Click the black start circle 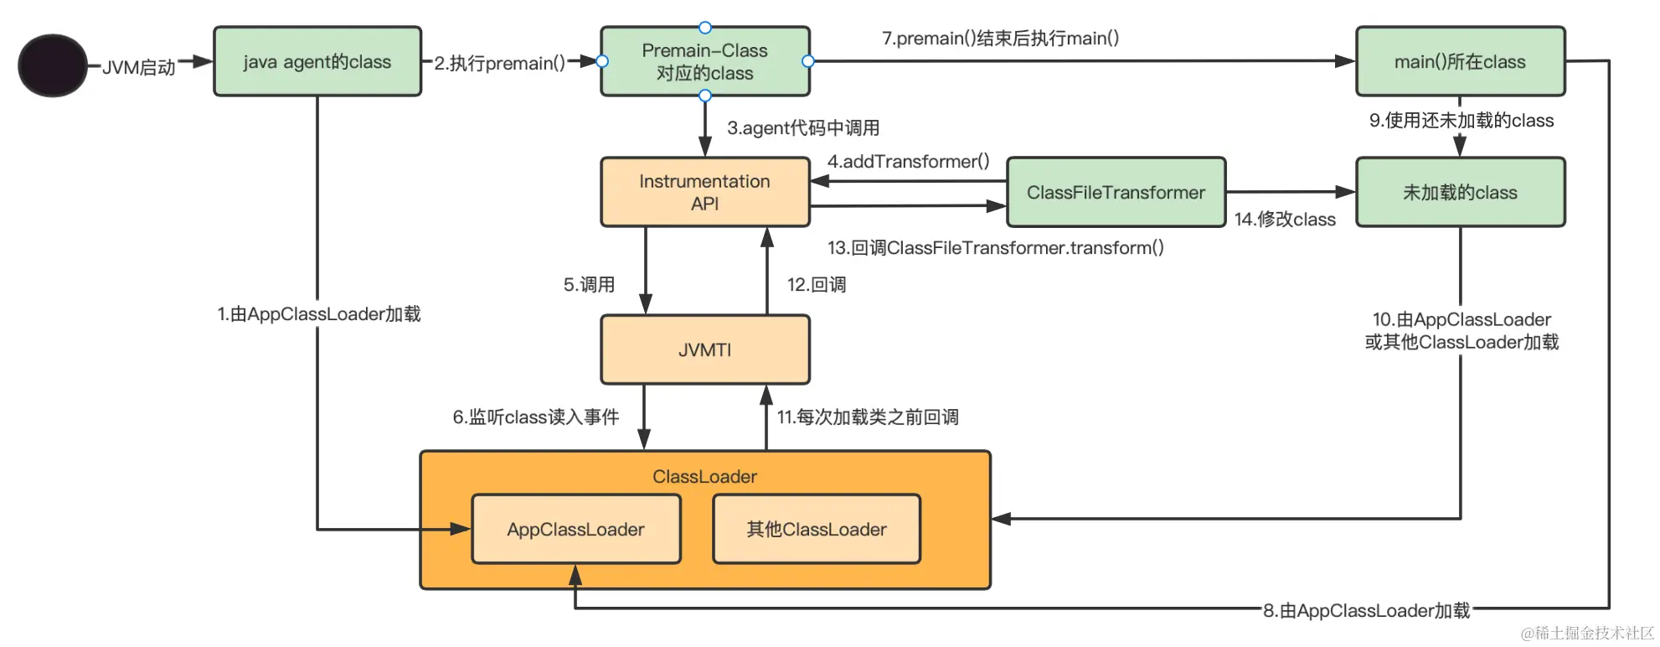point(52,65)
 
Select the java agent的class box point(317,62)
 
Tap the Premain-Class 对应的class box point(704,62)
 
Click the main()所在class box point(1460,62)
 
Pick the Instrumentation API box point(704,192)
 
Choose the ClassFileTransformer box point(1116,192)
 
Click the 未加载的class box point(1460,192)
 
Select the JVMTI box point(704,349)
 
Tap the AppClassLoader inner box point(575,529)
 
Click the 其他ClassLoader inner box point(816,529)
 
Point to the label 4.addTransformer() point(908,161)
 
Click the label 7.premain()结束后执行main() point(1000,39)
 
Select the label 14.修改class point(1285,220)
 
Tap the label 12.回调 point(816,285)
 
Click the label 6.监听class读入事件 point(535,417)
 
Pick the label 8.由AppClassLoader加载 point(1366,611)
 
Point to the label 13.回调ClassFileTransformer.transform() point(995,248)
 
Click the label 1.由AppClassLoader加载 point(318,314)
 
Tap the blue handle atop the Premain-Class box point(704,28)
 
